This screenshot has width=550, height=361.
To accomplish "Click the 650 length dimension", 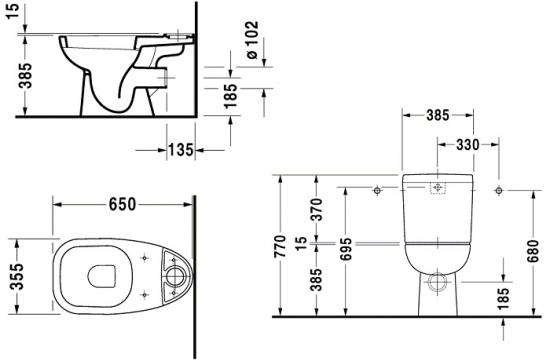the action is click(x=122, y=204).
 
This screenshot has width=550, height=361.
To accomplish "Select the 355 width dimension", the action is click(x=17, y=276).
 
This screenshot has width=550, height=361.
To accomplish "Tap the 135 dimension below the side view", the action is click(x=181, y=150).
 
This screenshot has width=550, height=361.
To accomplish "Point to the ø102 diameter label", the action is click(x=252, y=40).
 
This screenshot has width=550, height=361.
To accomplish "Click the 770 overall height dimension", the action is click(x=281, y=247).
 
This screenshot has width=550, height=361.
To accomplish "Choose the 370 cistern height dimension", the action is click(x=317, y=209).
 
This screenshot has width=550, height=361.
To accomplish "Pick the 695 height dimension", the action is click(x=346, y=249).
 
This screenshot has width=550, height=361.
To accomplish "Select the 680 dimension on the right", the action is click(x=533, y=251).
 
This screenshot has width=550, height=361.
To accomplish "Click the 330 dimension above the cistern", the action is click(x=468, y=145).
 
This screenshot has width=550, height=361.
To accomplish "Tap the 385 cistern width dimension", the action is click(x=437, y=115).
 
